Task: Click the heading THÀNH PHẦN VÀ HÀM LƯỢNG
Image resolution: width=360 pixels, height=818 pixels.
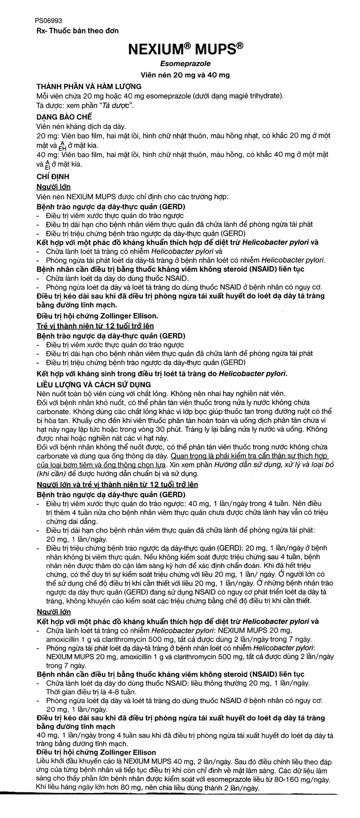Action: (x=88, y=86)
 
